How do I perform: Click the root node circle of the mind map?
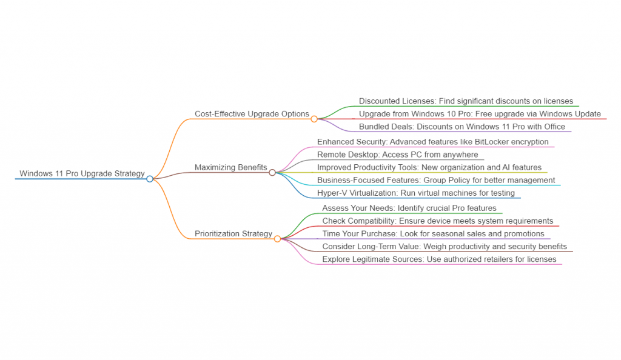(x=150, y=179)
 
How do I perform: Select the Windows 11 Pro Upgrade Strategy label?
(x=82, y=174)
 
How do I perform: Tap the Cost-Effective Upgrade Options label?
(x=252, y=114)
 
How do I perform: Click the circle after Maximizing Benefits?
(x=272, y=173)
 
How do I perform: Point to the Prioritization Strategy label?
(x=233, y=234)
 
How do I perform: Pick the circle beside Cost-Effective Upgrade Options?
(x=314, y=119)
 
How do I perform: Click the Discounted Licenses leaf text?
(x=465, y=101)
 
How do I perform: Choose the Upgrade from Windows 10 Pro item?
(x=480, y=114)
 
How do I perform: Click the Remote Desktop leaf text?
(x=397, y=155)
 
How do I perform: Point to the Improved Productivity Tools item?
(x=429, y=167)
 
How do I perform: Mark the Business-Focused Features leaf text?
(x=435, y=180)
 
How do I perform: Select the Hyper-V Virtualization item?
(x=415, y=193)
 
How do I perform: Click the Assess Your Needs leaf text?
(x=409, y=208)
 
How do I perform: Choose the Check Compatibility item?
(x=437, y=221)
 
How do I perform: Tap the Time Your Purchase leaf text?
(x=433, y=234)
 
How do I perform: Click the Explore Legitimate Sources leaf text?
(x=439, y=259)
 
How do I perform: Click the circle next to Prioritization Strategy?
(x=277, y=239)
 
